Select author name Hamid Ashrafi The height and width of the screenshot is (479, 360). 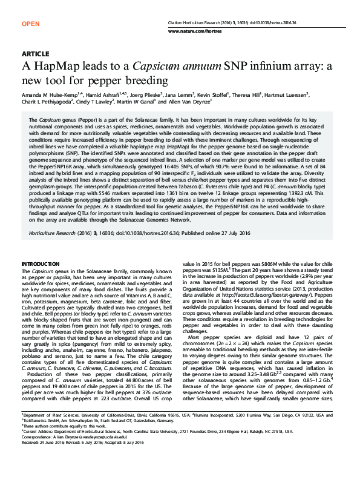tap(103, 95)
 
